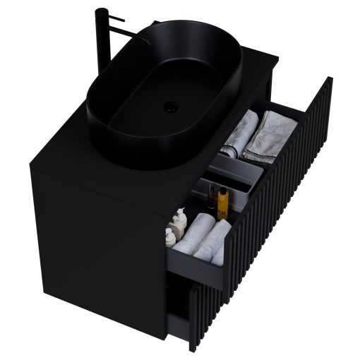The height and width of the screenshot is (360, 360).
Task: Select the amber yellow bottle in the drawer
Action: pyautogui.click(x=222, y=205)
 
